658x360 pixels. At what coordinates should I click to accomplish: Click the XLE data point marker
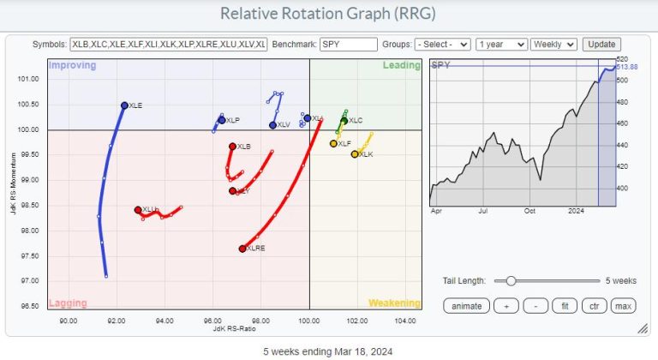124,105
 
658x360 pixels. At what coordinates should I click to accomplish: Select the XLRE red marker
242,249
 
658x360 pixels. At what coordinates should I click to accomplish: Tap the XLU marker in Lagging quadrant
138,210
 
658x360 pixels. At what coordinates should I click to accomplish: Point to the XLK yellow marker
355,154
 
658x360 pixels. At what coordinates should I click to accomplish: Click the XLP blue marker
222,120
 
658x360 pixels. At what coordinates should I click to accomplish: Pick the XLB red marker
232,147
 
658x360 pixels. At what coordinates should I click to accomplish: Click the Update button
601,44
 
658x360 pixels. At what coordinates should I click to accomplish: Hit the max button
623,306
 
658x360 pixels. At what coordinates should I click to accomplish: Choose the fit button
565,306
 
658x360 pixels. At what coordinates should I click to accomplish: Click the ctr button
594,306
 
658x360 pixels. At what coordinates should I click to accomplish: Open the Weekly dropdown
553,44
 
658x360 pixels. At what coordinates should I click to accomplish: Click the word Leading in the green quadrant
402,66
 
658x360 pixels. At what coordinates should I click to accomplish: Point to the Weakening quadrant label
394,303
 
